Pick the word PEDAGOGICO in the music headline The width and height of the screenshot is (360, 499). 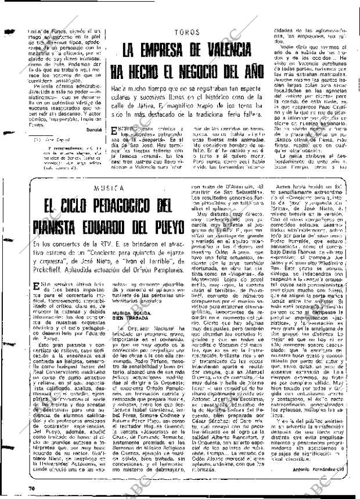pyautogui.click(x=117, y=205)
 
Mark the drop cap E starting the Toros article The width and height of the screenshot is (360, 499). pyautogui.click(x=115, y=133)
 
